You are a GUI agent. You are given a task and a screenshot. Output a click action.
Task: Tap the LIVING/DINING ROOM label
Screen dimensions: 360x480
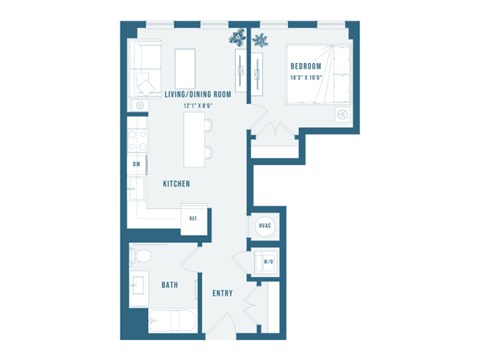197,94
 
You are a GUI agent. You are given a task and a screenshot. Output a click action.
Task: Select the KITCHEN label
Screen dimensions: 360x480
176,184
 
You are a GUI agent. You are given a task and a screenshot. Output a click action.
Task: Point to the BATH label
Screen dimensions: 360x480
170,285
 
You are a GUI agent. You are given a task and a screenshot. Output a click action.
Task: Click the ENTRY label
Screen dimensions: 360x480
223,293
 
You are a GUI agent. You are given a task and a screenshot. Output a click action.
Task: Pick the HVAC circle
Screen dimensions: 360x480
265,227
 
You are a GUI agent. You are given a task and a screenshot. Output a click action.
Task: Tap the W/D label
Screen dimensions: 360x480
268,263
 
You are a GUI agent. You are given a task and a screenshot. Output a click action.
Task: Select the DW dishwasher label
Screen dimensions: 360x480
136,164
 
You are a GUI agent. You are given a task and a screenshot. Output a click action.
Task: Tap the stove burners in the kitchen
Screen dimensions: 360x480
137,139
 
